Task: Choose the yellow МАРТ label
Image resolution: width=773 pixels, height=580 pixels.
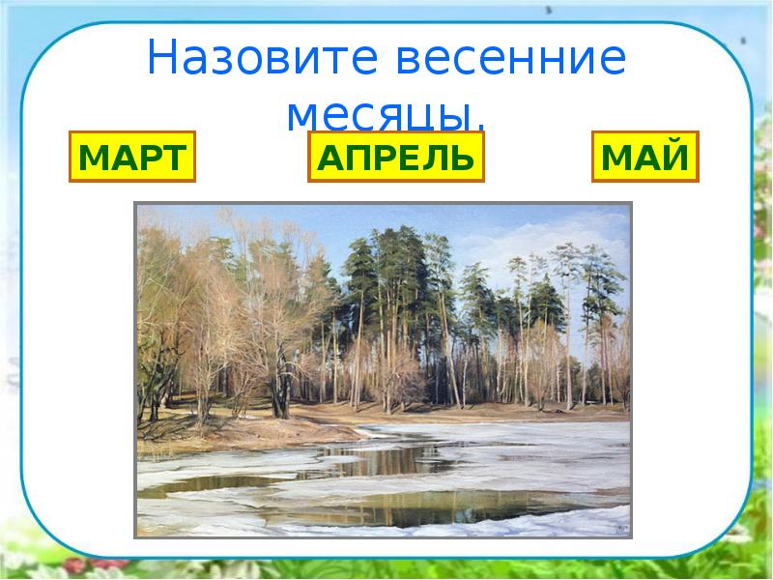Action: [x=131, y=157]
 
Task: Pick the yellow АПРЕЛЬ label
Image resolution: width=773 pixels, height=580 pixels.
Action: [x=395, y=157]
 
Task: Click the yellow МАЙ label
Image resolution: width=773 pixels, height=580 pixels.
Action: [x=644, y=157]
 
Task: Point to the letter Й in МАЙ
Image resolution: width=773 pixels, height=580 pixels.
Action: [x=675, y=157]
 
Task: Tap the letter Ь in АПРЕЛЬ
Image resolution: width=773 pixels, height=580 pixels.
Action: [x=463, y=157]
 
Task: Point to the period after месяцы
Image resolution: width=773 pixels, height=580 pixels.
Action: [x=479, y=126]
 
